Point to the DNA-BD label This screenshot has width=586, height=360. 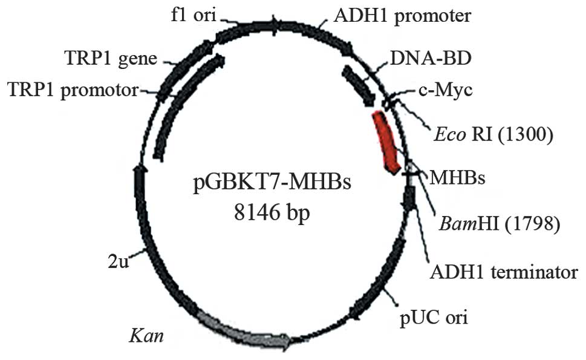pos(430,59)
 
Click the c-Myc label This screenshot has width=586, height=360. pos(445,91)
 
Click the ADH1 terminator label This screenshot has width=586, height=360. pos(503,272)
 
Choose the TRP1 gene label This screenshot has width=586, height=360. pos(111,59)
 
